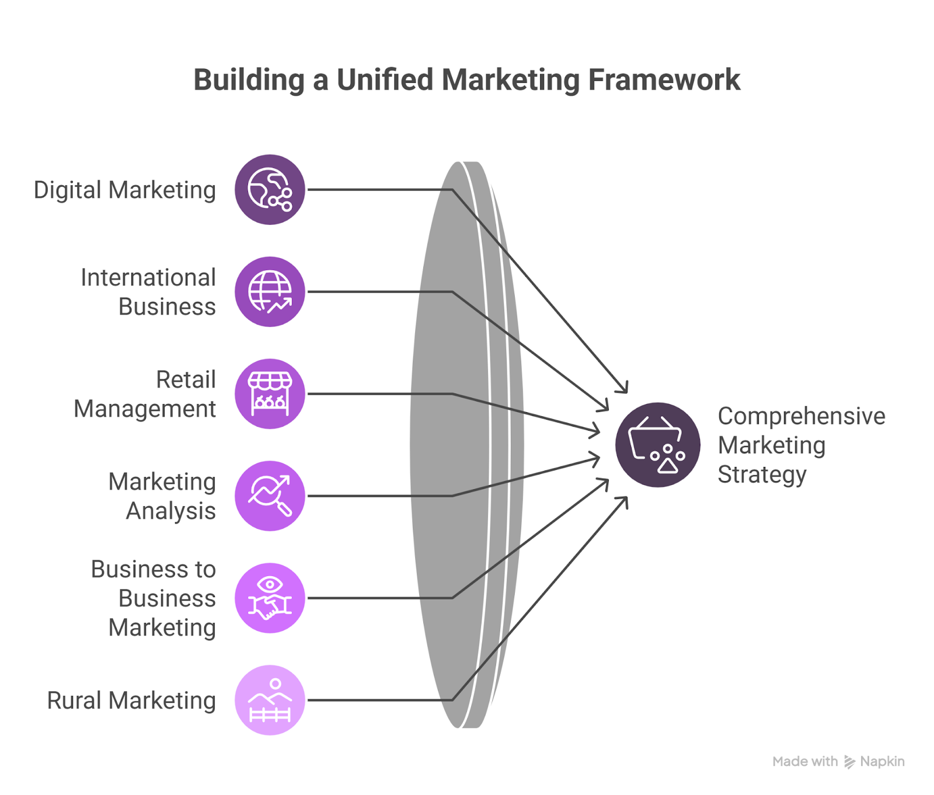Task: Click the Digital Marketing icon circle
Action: (270, 190)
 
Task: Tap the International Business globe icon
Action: (270, 292)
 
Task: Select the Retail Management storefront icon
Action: (270, 394)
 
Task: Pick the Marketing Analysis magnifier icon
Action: (270, 496)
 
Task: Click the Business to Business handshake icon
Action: (270, 598)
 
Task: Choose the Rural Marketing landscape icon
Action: (270, 700)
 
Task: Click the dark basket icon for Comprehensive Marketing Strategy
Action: (658, 445)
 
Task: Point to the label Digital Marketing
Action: (125, 191)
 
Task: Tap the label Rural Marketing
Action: (131, 701)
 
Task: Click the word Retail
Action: (186, 379)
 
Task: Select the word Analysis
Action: (171, 511)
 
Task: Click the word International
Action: (148, 277)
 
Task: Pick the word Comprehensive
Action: (801, 417)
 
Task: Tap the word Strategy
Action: (762, 475)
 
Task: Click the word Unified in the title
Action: (385, 79)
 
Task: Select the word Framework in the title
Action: (664, 79)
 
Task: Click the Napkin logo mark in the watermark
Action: (849, 762)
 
